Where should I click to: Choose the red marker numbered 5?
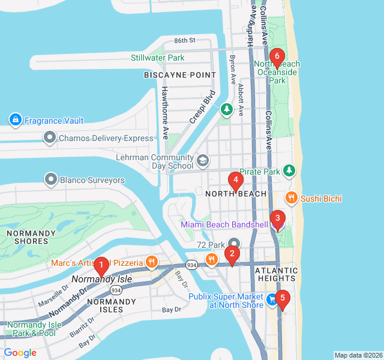(283, 298)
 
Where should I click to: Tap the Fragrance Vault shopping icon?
(16, 121)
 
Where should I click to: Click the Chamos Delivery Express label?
(106, 139)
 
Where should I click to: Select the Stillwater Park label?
(158, 58)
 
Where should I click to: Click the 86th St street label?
(185, 41)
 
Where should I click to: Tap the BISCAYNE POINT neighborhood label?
(179, 75)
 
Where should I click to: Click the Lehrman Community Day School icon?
(203, 160)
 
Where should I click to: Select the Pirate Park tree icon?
(290, 171)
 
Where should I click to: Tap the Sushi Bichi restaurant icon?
(291, 198)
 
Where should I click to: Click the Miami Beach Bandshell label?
(224, 224)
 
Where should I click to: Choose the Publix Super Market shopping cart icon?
(272, 299)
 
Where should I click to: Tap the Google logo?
(20, 353)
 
